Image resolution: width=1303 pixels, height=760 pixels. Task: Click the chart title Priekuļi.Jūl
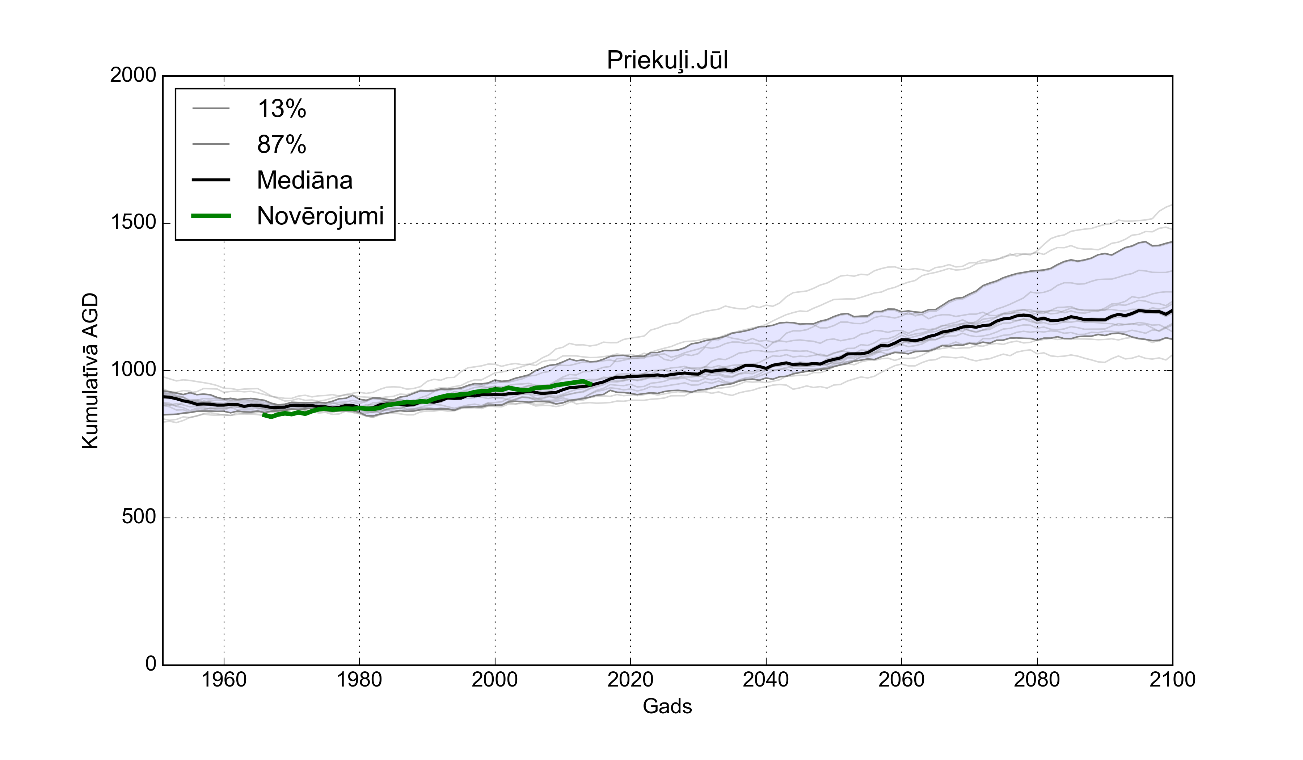[x=667, y=60]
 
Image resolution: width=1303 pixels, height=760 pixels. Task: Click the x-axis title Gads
[x=667, y=706]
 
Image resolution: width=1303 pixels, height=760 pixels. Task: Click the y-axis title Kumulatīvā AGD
[x=90, y=371]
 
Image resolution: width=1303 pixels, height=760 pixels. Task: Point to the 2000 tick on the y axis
[x=133, y=76]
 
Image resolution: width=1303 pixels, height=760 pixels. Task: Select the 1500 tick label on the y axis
[x=133, y=223]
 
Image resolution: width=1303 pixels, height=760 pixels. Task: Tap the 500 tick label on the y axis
[x=139, y=517]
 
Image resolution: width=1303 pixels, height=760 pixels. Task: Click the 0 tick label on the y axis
[x=151, y=664]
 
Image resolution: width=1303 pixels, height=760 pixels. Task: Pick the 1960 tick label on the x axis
[x=224, y=679]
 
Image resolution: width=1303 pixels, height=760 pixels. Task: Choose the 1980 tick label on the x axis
[x=359, y=679]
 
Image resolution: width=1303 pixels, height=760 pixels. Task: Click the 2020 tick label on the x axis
[x=630, y=679]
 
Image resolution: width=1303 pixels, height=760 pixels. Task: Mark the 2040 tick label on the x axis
[x=766, y=679]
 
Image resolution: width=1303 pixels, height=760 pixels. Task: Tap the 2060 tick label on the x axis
[x=901, y=679]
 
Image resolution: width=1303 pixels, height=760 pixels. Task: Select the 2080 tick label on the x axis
[x=1037, y=679]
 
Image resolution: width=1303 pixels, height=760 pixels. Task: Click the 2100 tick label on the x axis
[x=1172, y=679]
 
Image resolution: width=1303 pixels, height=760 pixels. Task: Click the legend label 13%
[x=282, y=109]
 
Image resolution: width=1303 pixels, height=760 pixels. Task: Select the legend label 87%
[x=282, y=145]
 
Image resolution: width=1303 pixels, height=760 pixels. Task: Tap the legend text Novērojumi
[x=320, y=216]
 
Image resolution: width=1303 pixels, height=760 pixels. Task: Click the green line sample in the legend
[x=211, y=216]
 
